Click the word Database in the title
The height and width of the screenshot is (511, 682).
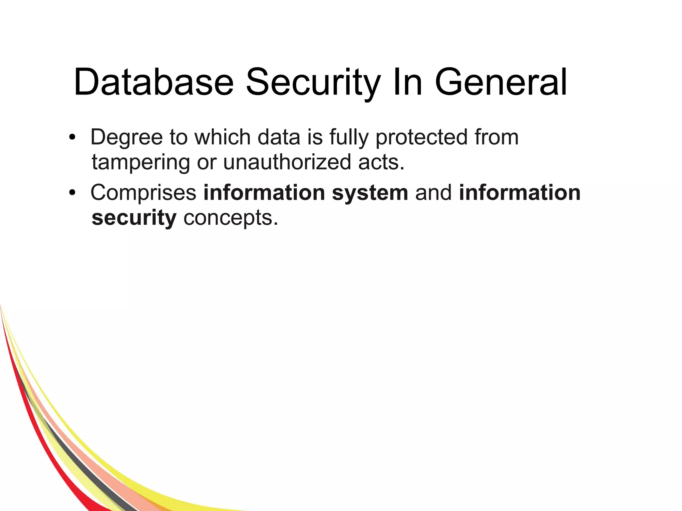coord(154,82)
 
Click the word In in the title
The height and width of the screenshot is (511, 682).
coord(408,82)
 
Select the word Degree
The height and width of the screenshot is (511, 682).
coord(127,137)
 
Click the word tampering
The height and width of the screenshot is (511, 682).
coord(141,162)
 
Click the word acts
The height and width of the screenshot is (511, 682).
coord(381,162)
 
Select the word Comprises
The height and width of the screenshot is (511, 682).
coord(144,193)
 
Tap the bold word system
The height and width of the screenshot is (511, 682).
coord(370,193)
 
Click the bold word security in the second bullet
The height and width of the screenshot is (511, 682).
coord(134,218)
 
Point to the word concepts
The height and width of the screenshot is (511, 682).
coord(230,218)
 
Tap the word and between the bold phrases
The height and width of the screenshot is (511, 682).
coord(434,193)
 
